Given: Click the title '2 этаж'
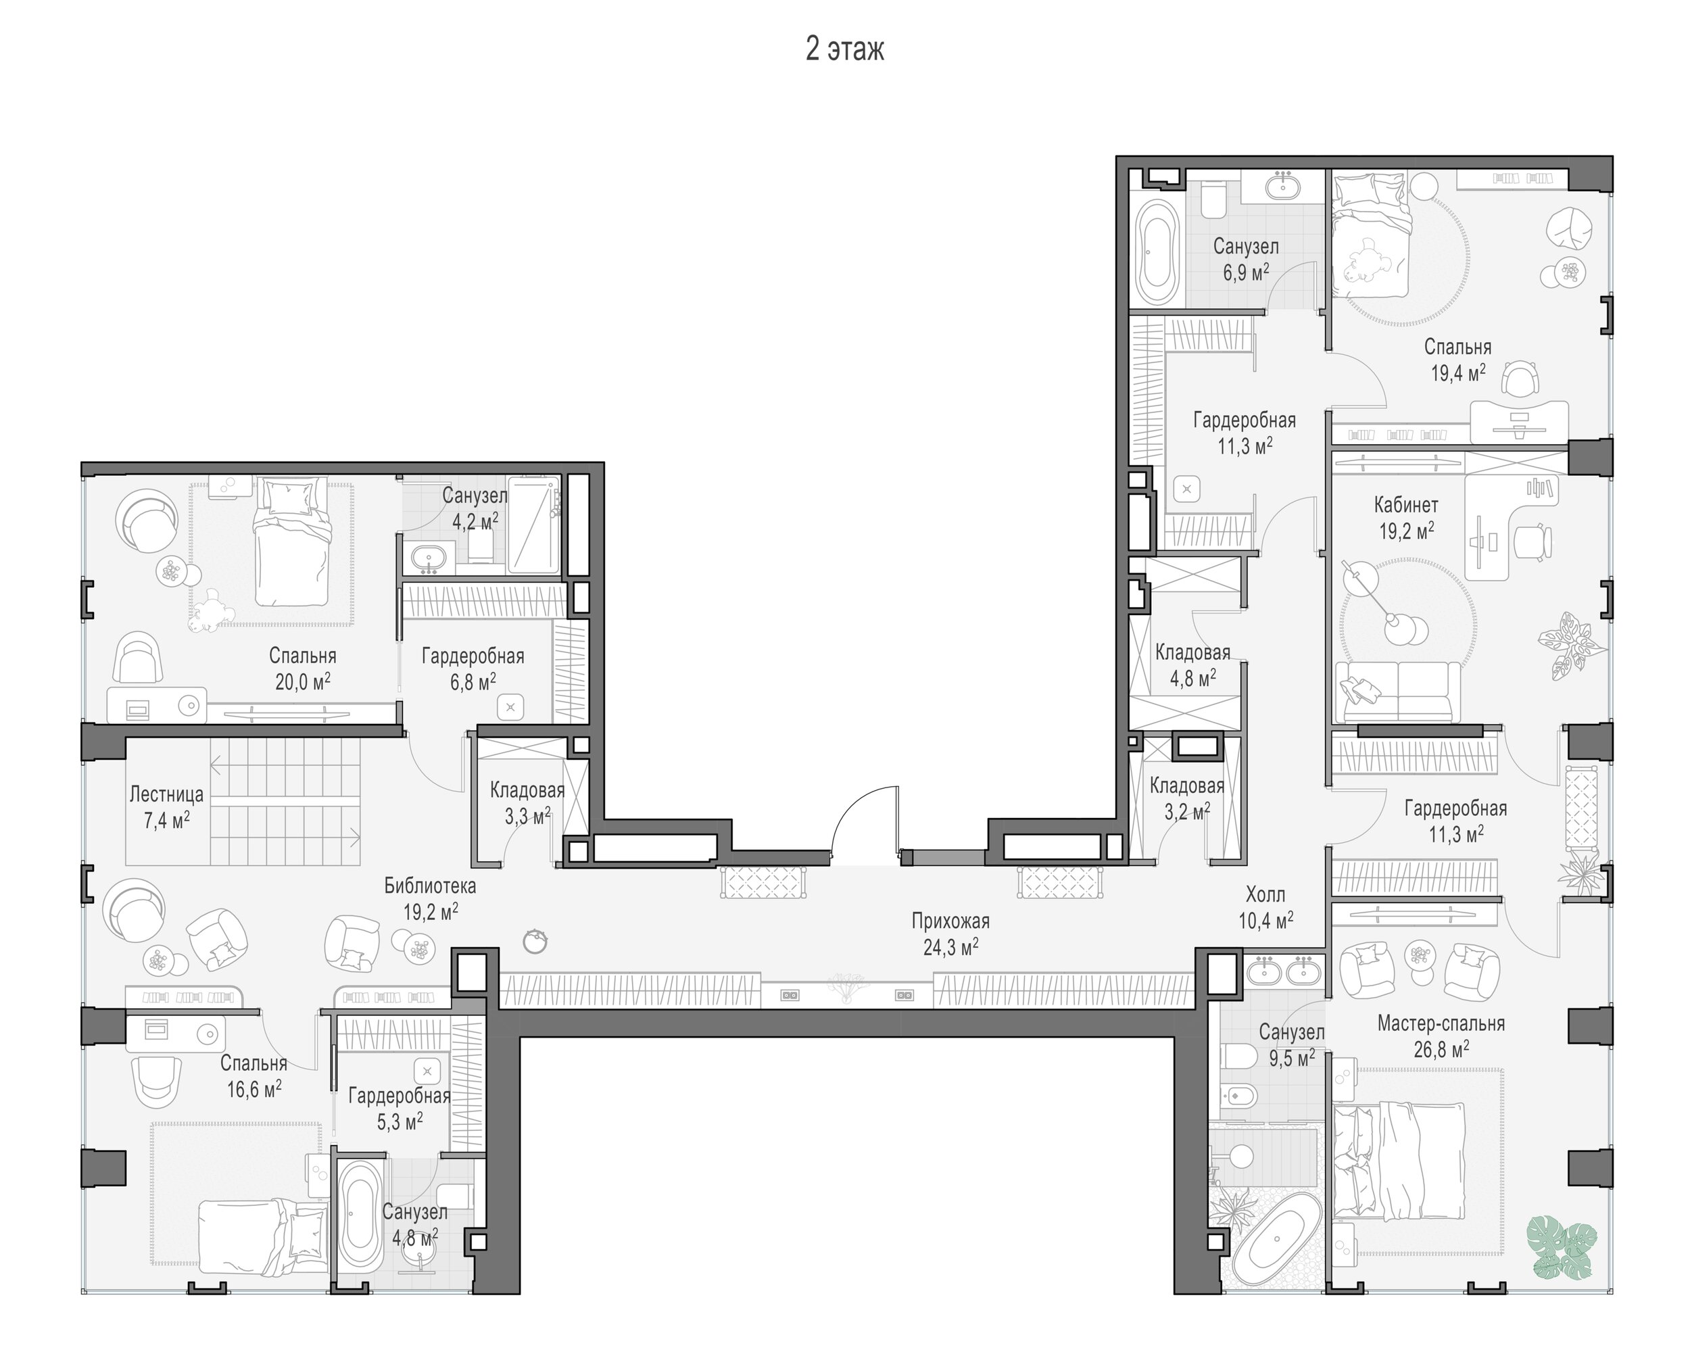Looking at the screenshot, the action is [x=844, y=49].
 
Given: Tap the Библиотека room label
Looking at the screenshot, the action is [x=429, y=886].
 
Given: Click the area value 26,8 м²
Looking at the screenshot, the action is [x=1441, y=1048].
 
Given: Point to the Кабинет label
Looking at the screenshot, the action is [x=1406, y=505].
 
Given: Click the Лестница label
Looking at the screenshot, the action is [x=166, y=795].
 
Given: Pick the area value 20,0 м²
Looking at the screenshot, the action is [x=303, y=681].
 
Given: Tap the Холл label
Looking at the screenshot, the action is [x=1265, y=894].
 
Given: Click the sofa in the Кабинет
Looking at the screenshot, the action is [x=1397, y=692].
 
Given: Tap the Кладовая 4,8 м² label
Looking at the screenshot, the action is [x=1192, y=664].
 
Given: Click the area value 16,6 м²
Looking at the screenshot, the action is [x=254, y=1089].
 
